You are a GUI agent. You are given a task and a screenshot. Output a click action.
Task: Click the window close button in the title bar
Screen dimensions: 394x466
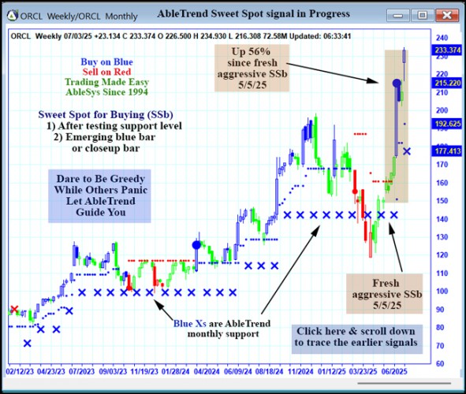tap(445, 14)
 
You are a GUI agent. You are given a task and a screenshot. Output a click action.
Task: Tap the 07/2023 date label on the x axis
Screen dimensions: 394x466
tap(82, 369)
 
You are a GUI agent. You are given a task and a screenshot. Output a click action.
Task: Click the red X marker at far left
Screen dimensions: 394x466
tap(13, 310)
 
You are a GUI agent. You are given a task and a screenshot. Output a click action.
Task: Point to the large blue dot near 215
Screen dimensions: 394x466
tap(396, 83)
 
